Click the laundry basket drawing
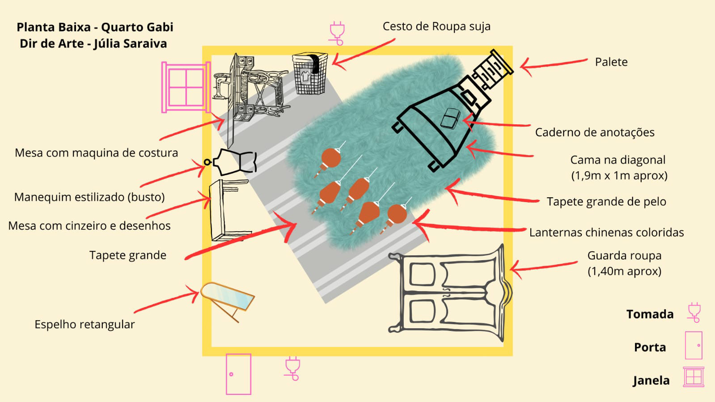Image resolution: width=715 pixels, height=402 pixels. click(x=309, y=74)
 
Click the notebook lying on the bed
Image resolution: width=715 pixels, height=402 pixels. click(x=450, y=118)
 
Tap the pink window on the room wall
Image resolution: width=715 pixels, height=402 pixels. click(x=185, y=87)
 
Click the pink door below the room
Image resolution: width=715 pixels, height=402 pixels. click(x=238, y=374)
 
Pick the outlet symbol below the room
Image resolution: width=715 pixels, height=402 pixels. click(x=292, y=368)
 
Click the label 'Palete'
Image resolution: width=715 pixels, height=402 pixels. click(x=611, y=62)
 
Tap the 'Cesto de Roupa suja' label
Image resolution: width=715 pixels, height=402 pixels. click(x=436, y=26)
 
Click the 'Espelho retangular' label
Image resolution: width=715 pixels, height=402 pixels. click(x=85, y=324)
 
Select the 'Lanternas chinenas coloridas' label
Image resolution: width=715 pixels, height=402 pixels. click(x=606, y=233)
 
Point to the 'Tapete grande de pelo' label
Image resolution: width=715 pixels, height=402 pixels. click(x=606, y=202)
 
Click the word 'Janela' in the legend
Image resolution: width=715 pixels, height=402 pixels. click(x=651, y=381)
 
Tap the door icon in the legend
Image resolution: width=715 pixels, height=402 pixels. click(x=694, y=345)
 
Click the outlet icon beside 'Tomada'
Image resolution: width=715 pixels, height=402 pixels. click(x=694, y=312)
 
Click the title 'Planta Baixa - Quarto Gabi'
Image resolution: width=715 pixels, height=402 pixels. click(x=95, y=27)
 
